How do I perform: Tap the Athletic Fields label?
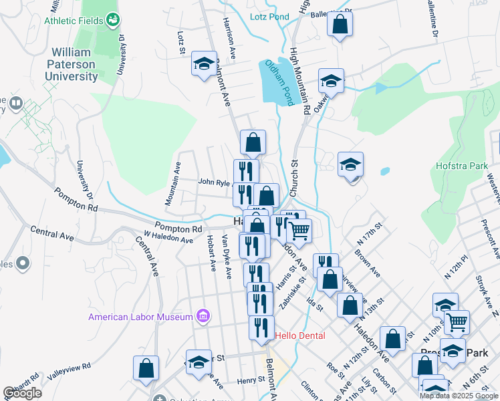[x=74, y=21]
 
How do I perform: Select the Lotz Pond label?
[x=269, y=17]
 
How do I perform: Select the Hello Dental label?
[x=300, y=336]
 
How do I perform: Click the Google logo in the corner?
[x=22, y=393]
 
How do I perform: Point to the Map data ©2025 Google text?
[x=459, y=396]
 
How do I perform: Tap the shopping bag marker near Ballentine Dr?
[x=340, y=25]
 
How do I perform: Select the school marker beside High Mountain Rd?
[x=331, y=82]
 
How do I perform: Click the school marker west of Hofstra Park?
[x=350, y=164]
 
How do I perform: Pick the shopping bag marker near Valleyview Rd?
[x=146, y=368]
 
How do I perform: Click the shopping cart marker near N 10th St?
[x=457, y=321]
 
